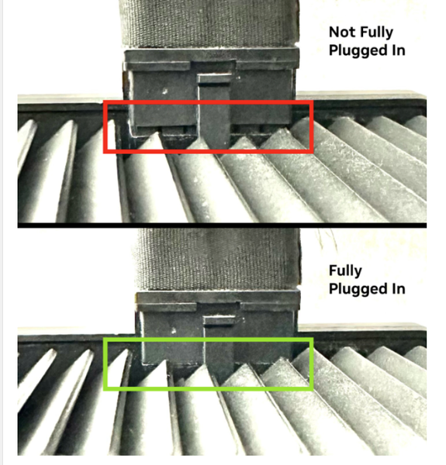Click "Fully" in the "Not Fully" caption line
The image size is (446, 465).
click(x=376, y=33)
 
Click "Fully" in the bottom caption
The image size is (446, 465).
click(x=346, y=271)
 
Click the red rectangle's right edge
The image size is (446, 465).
click(x=311, y=127)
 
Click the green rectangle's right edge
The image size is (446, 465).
click(x=311, y=364)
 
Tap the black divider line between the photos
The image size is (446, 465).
click(x=222, y=226)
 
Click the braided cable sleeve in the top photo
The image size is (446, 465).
click(x=209, y=24)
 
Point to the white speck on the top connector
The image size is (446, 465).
click(x=164, y=91)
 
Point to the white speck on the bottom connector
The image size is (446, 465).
click(x=174, y=330)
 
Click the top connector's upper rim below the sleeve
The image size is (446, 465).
click(x=211, y=57)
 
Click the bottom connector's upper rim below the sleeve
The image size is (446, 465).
click(x=218, y=297)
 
